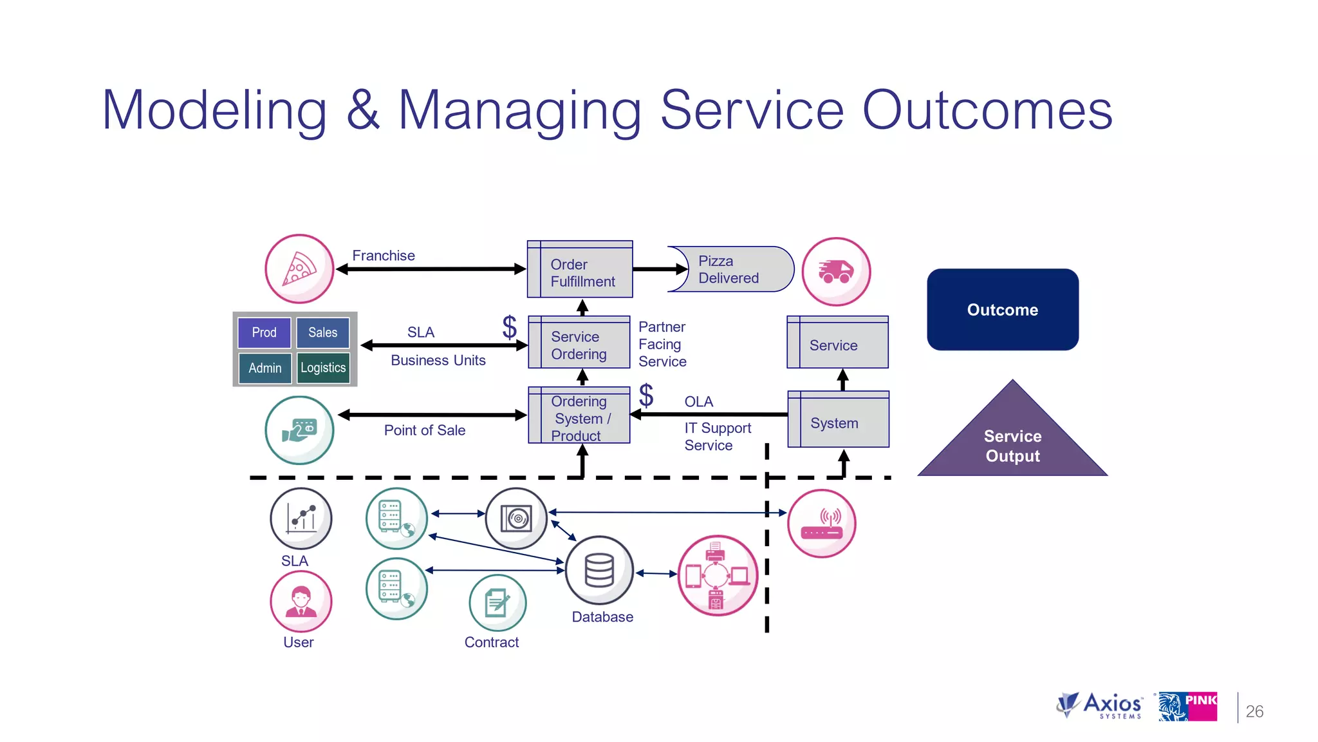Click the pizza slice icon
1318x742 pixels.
pyautogui.click(x=299, y=269)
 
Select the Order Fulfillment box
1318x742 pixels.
pyautogui.click(x=580, y=270)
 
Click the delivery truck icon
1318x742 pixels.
pyautogui.click(x=836, y=271)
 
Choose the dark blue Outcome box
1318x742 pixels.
pyautogui.click(x=1002, y=310)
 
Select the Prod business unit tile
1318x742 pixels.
pyautogui.click(x=264, y=332)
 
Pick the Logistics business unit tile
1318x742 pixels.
pyautogui.click(x=323, y=368)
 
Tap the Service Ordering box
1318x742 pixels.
pyautogui.click(x=579, y=343)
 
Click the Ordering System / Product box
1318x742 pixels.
pyautogui.click(x=579, y=415)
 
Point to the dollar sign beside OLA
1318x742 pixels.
pyautogui.click(x=646, y=395)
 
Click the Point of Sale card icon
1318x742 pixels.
pyautogui.click(x=299, y=430)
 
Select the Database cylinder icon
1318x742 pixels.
pyautogui.click(x=599, y=570)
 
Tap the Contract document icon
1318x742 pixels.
pyautogui.click(x=497, y=604)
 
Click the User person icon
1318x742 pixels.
pyautogui.click(x=301, y=601)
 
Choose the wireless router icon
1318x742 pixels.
pyautogui.click(x=822, y=524)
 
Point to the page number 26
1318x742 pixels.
pyautogui.click(x=1254, y=711)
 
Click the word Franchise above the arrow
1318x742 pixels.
pyautogui.click(x=384, y=256)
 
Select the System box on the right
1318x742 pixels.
pyautogui.click(x=838, y=420)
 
